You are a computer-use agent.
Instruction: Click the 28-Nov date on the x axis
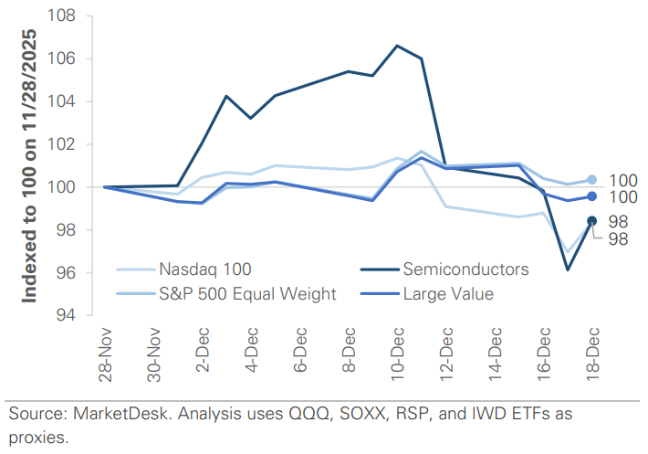point(107,354)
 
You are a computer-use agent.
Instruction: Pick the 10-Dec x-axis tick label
point(397,354)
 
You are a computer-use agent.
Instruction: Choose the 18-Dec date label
point(591,354)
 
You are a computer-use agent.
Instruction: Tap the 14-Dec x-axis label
point(494,354)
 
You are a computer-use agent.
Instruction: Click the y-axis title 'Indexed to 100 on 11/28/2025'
point(31,167)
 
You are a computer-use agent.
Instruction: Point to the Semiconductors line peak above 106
point(396,45)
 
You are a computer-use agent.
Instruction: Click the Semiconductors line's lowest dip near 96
point(568,269)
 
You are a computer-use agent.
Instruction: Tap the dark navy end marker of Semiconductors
point(591,220)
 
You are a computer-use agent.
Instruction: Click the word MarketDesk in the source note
point(123,414)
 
